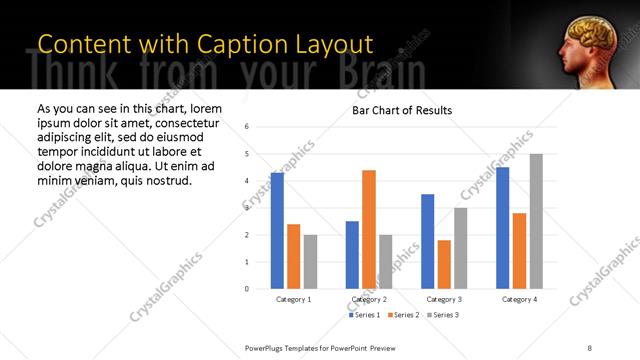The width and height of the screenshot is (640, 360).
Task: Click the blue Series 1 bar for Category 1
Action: pyautogui.click(x=277, y=231)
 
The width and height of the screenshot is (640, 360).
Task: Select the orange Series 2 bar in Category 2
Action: pyautogui.click(x=368, y=229)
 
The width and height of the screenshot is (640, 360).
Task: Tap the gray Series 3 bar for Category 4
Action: pyautogui.click(x=536, y=221)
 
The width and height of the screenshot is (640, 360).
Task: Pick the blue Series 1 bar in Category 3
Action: pyautogui.click(x=427, y=241)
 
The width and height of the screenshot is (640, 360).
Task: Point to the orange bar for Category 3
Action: pyautogui.click(x=444, y=264)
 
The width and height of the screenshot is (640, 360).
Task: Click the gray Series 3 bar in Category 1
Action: pyautogui.click(x=310, y=262)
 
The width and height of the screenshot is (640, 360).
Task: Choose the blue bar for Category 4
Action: pyautogui.click(x=502, y=228)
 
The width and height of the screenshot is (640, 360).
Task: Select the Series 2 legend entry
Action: pyautogui.click(x=402, y=315)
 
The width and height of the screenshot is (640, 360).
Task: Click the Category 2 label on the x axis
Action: pyautogui.click(x=369, y=299)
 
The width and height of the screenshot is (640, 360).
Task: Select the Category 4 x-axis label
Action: pyautogui.click(x=519, y=299)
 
